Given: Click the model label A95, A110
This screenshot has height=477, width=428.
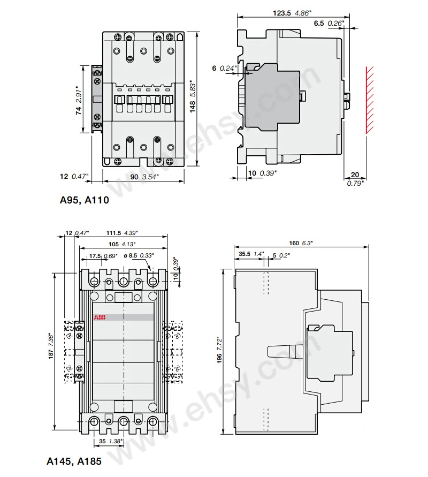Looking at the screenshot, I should [84, 200].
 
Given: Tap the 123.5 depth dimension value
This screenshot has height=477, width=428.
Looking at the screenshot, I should [281, 14].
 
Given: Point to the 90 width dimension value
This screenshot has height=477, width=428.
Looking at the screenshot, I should [134, 176].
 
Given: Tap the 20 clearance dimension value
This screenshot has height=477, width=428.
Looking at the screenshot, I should [355, 176].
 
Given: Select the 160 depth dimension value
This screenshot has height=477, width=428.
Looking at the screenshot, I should [294, 243].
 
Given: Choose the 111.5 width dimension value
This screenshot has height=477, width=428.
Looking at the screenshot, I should [114, 233].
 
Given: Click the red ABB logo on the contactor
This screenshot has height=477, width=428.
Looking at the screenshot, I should [100, 317].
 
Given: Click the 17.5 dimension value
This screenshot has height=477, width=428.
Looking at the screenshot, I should [95, 255].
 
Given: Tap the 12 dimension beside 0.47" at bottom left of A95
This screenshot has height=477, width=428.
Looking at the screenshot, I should [65, 176].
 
